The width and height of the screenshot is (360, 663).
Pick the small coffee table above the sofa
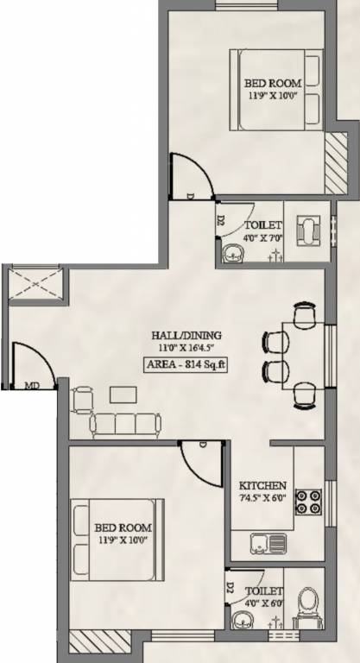pos(122,394)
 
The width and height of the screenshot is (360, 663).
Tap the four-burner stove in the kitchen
pos(308,500)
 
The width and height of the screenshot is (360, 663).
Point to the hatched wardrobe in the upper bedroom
pos(334,164)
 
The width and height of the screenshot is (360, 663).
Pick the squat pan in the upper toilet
pos(307,231)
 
